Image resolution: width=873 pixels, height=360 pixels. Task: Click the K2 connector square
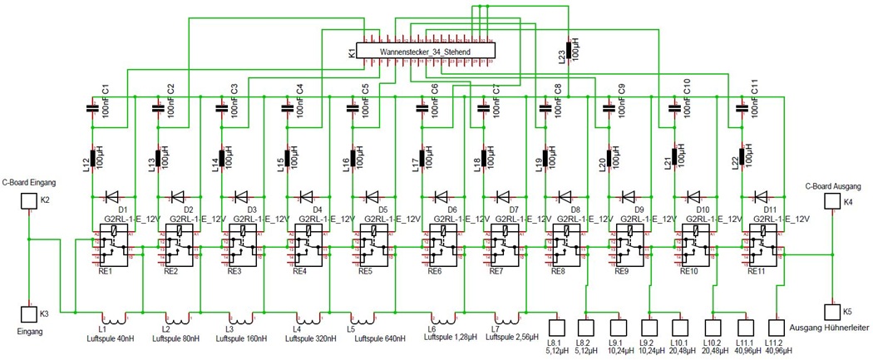coord(28,201)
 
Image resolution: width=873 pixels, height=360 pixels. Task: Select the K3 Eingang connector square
coord(28,315)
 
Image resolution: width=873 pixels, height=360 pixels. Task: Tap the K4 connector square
coord(831,202)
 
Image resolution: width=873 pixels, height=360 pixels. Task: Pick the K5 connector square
coord(831,312)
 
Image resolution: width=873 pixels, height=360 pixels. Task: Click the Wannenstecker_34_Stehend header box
coord(425,52)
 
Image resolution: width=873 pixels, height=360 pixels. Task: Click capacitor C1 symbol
coord(92,107)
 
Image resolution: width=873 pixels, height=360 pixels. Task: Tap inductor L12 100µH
coord(92,157)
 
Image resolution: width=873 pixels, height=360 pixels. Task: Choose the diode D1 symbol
coord(111,197)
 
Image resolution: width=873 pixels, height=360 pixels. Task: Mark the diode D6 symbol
coord(438,197)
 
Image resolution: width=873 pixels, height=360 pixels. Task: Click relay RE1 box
coord(112,246)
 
